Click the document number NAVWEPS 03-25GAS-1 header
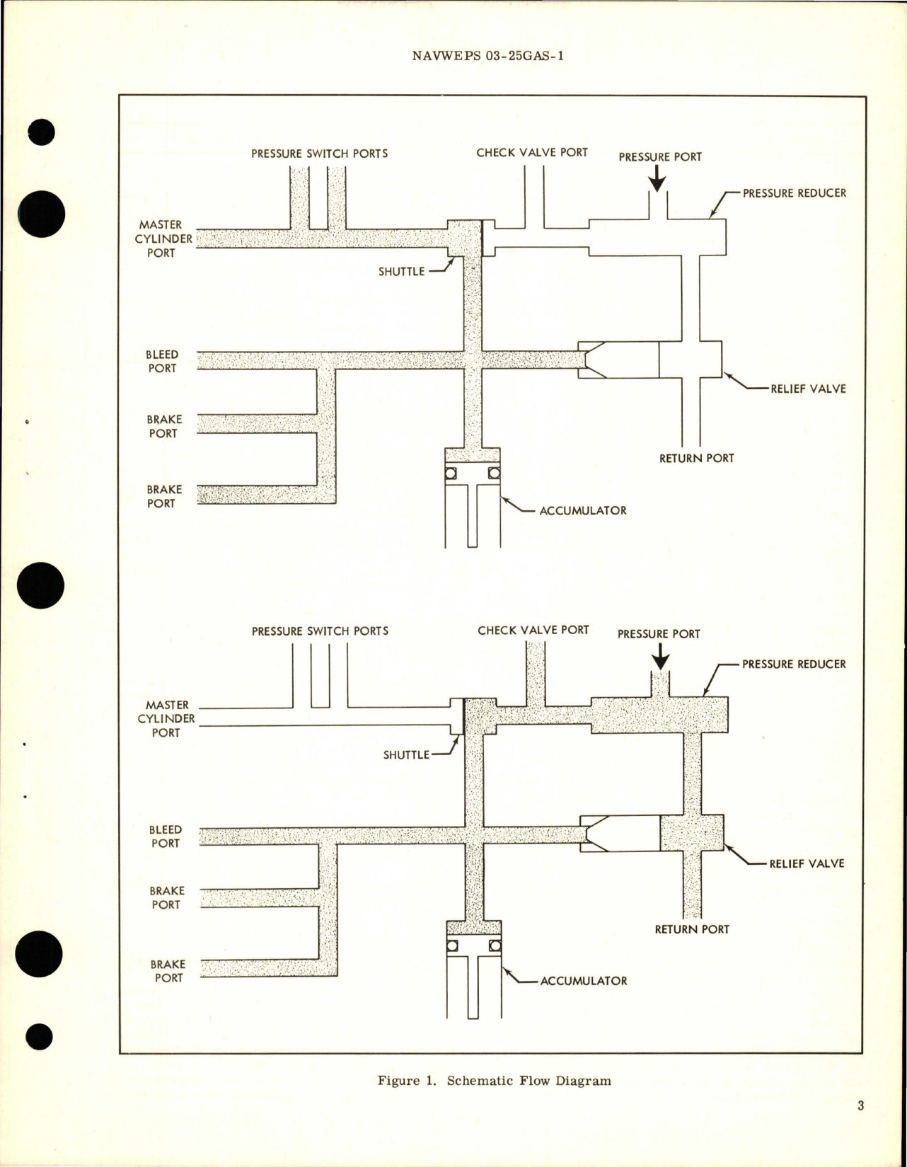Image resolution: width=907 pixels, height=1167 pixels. click(x=487, y=57)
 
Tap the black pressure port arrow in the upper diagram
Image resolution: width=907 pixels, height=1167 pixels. click(x=658, y=180)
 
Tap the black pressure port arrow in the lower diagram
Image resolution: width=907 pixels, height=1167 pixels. click(x=660, y=660)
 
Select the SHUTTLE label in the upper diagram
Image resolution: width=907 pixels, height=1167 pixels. click(x=401, y=271)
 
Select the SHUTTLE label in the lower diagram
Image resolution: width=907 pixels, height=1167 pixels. click(x=406, y=754)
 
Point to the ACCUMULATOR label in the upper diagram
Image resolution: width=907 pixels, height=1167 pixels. click(x=582, y=510)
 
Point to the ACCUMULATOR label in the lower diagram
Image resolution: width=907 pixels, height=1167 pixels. click(x=584, y=981)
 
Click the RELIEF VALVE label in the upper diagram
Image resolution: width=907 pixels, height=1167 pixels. click(x=808, y=389)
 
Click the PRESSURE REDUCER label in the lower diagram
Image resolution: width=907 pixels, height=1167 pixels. click(x=794, y=664)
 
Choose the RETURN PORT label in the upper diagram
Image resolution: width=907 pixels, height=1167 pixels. click(x=696, y=458)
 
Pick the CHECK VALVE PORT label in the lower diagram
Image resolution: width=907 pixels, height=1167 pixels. click(x=533, y=630)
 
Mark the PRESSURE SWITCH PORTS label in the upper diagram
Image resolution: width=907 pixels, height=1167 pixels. click(x=319, y=153)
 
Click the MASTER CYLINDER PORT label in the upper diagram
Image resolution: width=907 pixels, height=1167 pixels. click(x=162, y=238)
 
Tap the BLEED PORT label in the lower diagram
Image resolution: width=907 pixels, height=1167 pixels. click(x=166, y=836)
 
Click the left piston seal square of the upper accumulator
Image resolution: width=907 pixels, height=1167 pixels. click(x=451, y=473)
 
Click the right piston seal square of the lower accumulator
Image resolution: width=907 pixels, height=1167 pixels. click(x=495, y=945)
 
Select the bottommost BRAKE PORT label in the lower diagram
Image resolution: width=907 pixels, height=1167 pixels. click(x=167, y=971)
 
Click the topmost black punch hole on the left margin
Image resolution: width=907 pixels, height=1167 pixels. click(x=42, y=132)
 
